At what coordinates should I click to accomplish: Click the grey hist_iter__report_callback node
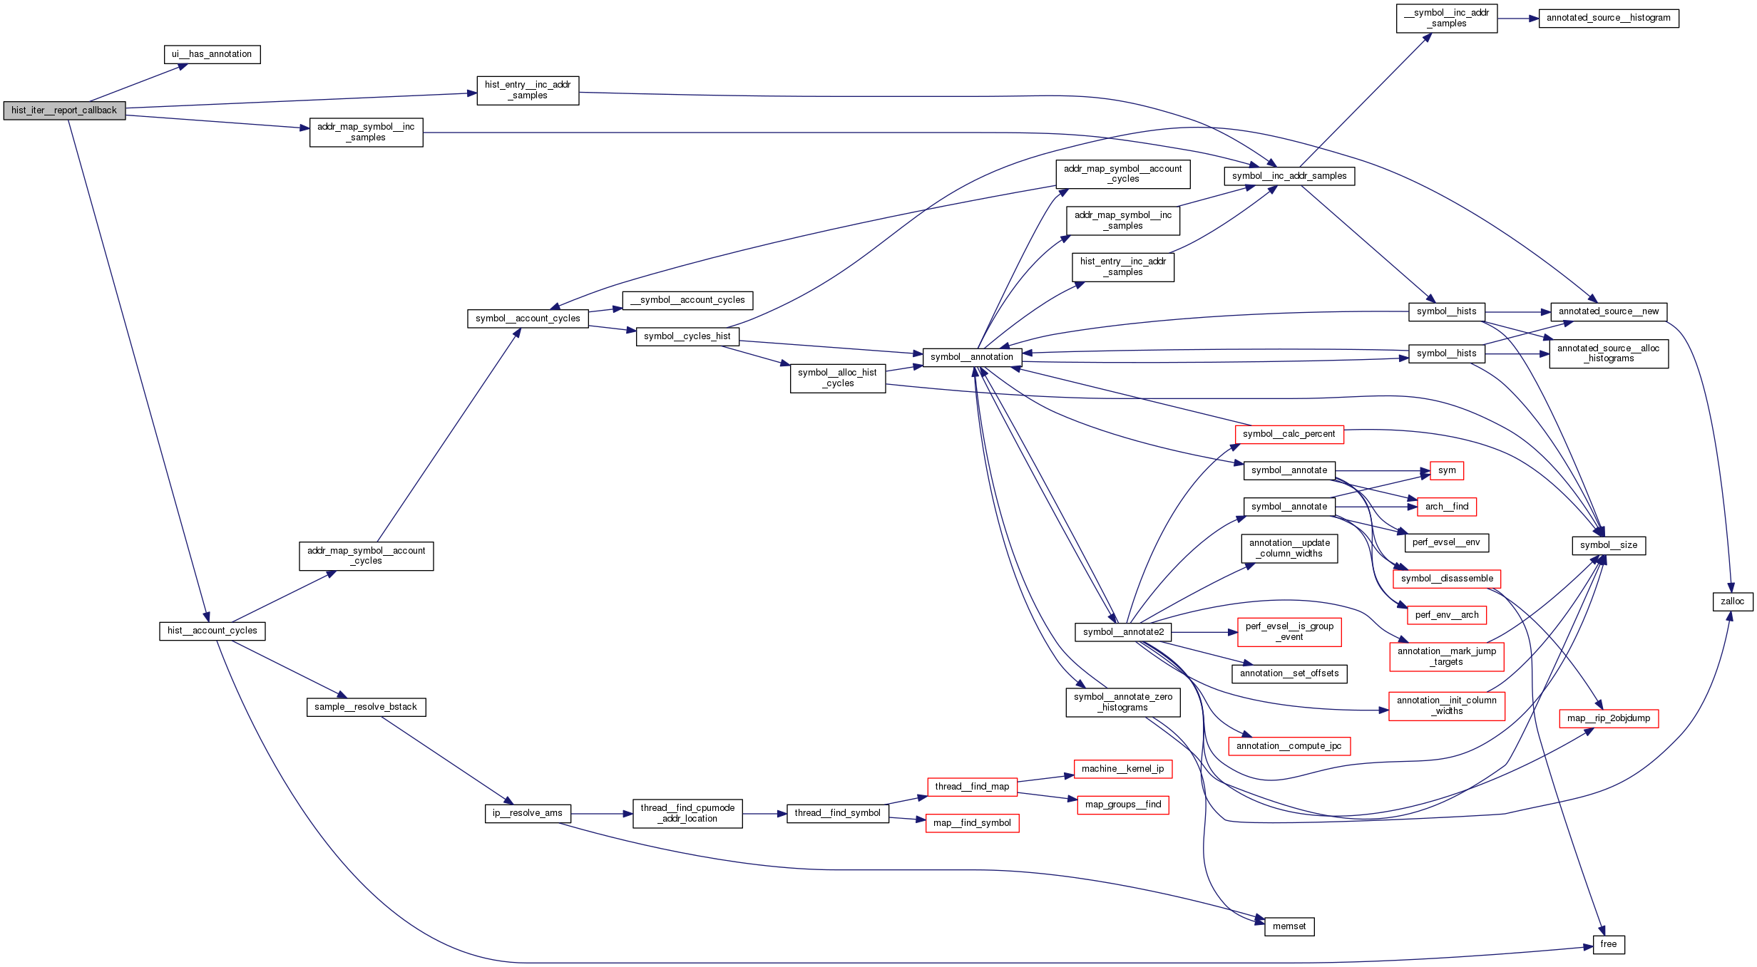[x=64, y=110]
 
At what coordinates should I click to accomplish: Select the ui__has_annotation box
[x=212, y=54]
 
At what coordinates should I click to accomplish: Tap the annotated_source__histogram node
[x=1608, y=18]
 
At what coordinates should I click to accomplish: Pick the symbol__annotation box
[x=971, y=357]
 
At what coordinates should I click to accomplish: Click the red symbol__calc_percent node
[x=1289, y=434]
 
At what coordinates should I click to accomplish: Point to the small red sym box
[x=1446, y=470]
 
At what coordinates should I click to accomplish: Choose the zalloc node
[x=1732, y=601]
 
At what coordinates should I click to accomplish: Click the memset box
[x=1289, y=926]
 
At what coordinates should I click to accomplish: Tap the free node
[x=1608, y=944]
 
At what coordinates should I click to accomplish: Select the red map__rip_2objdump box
[x=1608, y=718]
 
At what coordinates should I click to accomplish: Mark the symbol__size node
[x=1608, y=545]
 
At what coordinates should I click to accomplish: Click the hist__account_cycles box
[x=212, y=631]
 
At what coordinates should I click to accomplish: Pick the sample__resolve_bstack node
[x=366, y=707]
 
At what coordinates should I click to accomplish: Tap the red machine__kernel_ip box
[x=1122, y=769]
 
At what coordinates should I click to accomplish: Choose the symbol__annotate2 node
[x=1122, y=632]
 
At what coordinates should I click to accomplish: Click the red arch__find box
[x=1446, y=507]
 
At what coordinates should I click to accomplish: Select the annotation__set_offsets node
[x=1289, y=673]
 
